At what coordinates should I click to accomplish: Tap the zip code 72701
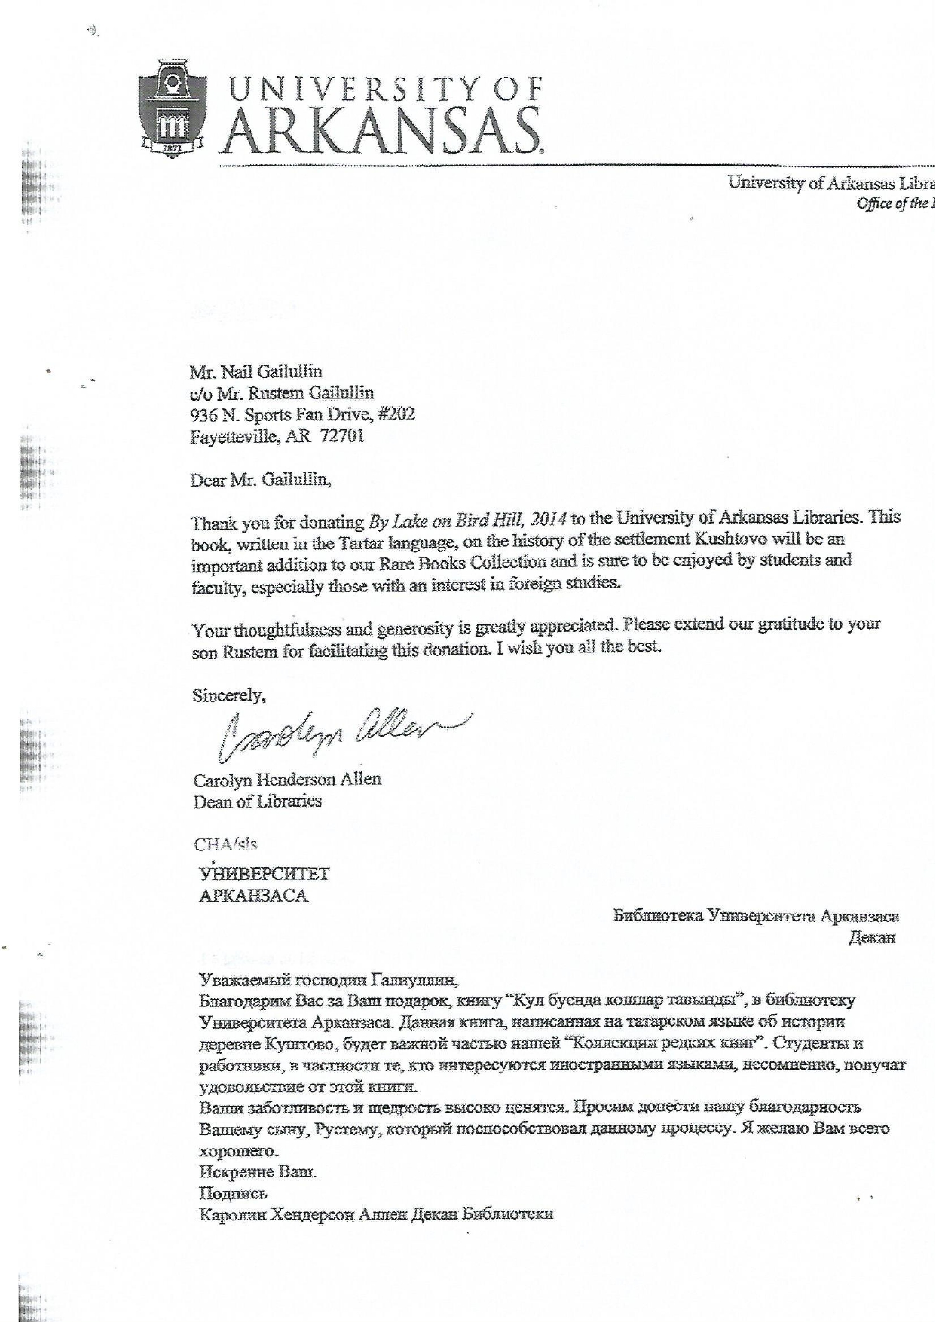point(342,436)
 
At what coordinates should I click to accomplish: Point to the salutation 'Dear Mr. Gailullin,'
point(260,480)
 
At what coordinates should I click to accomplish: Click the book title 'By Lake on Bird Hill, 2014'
point(467,519)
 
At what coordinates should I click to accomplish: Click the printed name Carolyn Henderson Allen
point(287,780)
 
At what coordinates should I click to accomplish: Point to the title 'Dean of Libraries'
point(257,801)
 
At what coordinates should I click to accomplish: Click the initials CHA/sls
point(225,844)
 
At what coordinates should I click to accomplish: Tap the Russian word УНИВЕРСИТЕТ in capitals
point(264,874)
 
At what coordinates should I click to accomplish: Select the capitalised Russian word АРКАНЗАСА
point(253,896)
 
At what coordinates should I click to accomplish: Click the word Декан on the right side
point(871,938)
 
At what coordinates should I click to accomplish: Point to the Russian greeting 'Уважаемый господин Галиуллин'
point(328,979)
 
